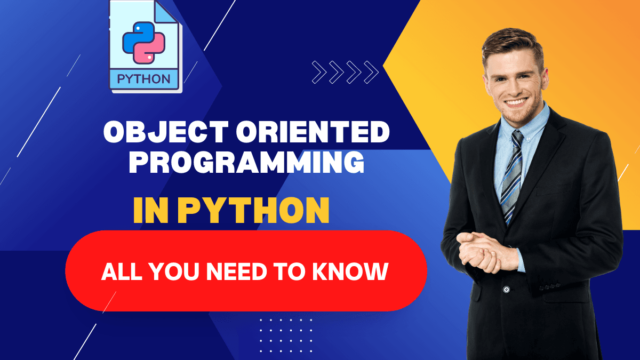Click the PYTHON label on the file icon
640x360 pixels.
click(x=144, y=79)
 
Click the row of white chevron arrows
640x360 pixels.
click(x=345, y=72)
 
